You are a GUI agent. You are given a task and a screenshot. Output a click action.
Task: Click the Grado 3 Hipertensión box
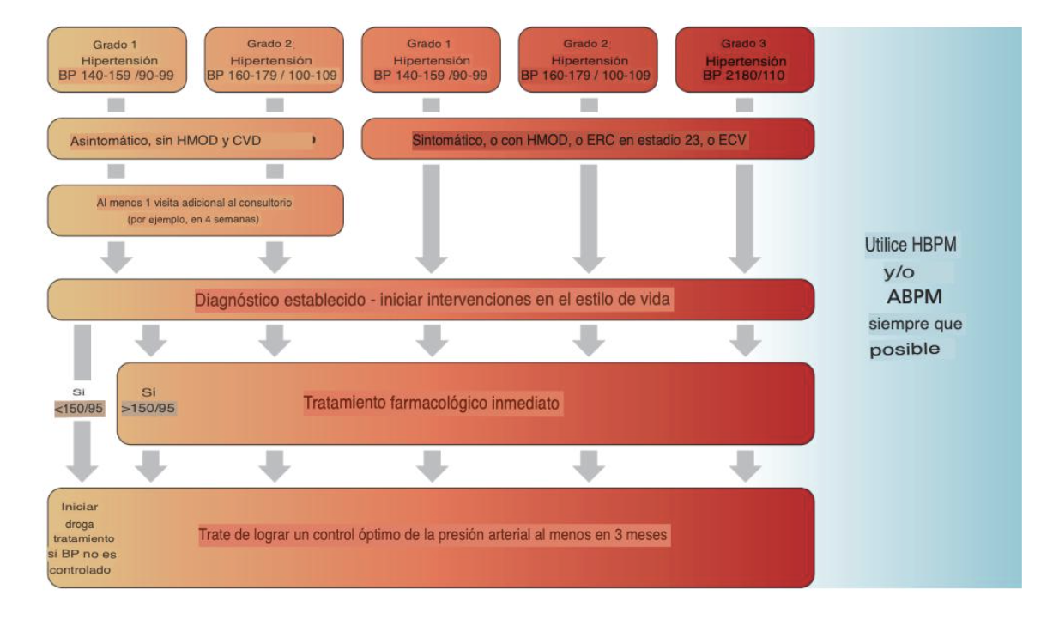[x=745, y=58]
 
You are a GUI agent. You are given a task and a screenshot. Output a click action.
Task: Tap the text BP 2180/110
[x=745, y=76]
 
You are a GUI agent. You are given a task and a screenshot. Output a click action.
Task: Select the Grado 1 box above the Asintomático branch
[x=117, y=58]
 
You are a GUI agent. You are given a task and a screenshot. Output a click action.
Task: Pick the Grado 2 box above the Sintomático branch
[x=589, y=58]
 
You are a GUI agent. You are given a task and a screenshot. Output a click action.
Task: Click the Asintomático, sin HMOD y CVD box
[x=196, y=139]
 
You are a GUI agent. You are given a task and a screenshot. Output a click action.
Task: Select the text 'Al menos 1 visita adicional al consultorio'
[x=196, y=203]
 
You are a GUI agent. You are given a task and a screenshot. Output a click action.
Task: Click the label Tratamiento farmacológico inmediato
[x=433, y=403]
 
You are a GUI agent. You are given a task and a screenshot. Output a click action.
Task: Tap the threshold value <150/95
[x=79, y=408]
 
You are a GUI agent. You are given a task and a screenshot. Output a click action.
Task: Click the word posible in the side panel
[x=905, y=350]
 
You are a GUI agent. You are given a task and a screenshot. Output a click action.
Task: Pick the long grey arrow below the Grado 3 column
[x=745, y=215]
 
